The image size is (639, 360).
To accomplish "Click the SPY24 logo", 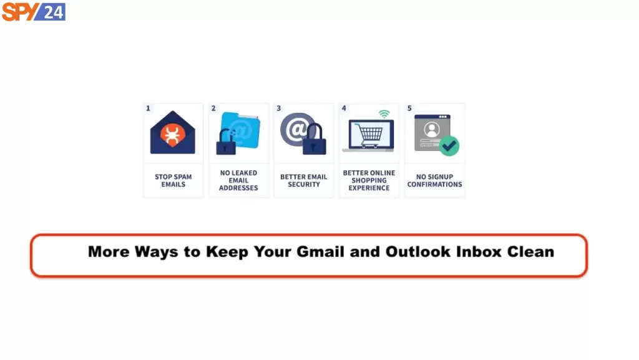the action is [x=34, y=11].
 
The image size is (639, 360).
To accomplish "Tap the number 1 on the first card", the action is [x=148, y=109].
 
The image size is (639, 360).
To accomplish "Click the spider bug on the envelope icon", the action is [x=172, y=135].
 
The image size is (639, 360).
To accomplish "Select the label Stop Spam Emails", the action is [x=173, y=180].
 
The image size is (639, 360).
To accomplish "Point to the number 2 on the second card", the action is [x=213, y=109].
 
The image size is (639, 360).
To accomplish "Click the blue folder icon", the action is [x=240, y=130].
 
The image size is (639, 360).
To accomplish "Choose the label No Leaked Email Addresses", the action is [x=238, y=180].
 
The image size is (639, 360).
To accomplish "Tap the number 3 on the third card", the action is [x=279, y=109].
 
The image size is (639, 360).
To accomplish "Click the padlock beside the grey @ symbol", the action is [x=315, y=140].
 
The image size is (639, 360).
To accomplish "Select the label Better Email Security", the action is [x=304, y=180].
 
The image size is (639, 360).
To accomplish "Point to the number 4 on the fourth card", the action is [x=344, y=109].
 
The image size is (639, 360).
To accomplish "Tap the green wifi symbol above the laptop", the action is [x=384, y=114].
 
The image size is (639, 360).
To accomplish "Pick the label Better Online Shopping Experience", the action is [x=369, y=180].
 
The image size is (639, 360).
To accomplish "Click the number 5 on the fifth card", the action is [x=409, y=109].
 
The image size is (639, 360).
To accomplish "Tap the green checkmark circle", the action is [x=449, y=146].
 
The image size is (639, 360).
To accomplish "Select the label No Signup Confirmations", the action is [x=434, y=180].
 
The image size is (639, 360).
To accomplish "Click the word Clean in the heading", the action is [x=530, y=251].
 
